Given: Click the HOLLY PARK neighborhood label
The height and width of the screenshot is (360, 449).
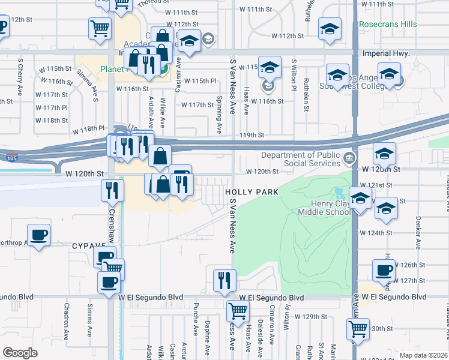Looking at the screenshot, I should pos(252,192).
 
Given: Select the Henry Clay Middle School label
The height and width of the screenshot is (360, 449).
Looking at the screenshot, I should pos(324,208).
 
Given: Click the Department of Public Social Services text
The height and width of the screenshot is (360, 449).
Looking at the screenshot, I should pos(300,159).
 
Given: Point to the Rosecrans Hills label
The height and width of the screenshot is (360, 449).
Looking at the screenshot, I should pos(387,24).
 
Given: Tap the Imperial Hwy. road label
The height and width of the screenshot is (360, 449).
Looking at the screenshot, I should pos(386,53).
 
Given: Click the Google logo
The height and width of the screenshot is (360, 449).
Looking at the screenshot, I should pos(20,353).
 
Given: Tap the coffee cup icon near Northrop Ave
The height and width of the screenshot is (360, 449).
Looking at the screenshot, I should pos(38,234).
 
